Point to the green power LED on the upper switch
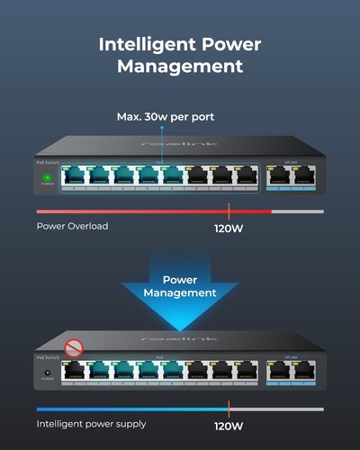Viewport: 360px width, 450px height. pyautogui.click(x=47, y=177)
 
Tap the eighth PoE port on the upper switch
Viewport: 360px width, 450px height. pyautogui.click(x=244, y=175)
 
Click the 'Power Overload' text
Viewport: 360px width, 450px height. pyautogui.click(x=72, y=226)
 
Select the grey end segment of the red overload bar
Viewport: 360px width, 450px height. pyautogui.click(x=297, y=211)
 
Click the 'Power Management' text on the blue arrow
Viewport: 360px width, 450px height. pyautogui.click(x=180, y=285)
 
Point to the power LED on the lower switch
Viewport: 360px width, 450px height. pyautogui.click(x=46, y=371)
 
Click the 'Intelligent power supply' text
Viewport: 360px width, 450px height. pyautogui.click(x=92, y=423)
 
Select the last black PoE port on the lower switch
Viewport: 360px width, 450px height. pyautogui.click(x=245, y=370)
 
